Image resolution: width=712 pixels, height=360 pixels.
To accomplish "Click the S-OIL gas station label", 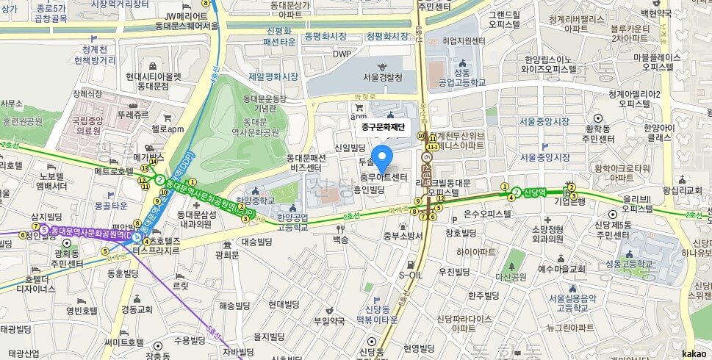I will tap(411, 275).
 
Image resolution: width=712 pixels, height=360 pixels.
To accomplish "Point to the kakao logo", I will tap(694, 353).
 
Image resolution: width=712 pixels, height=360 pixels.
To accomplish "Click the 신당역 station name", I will tap(534, 192).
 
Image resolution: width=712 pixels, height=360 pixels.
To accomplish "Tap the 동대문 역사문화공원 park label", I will tap(261, 127).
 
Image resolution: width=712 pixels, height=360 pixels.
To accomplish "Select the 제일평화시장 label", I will tap(273, 76).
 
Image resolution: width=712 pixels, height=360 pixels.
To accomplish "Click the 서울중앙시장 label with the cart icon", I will tap(544, 157).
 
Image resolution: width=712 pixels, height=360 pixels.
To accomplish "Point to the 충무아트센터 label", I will tap(384, 177).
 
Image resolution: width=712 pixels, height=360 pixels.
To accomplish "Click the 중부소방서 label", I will tap(403, 236).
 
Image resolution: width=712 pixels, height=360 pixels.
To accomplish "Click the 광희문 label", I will tap(227, 255).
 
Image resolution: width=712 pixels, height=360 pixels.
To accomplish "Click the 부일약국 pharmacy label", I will tap(329, 320).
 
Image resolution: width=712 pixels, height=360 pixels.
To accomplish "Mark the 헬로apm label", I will tap(167, 129).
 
